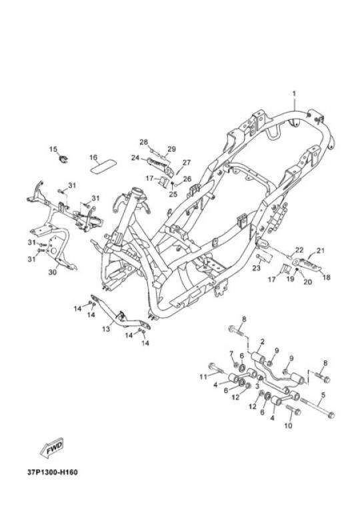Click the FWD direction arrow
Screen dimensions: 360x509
tap(51, 448)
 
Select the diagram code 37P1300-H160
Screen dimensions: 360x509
tap(52, 472)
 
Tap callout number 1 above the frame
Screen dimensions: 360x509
tap(294, 94)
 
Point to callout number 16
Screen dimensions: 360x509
tap(93, 157)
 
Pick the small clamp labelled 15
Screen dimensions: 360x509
tap(64, 159)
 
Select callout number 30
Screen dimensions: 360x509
tap(52, 272)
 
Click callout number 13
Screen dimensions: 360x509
tap(106, 329)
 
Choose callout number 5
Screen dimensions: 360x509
tap(323, 395)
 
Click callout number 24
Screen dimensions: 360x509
tap(135, 158)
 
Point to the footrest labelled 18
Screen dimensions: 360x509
tap(307, 263)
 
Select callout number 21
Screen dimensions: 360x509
tap(321, 251)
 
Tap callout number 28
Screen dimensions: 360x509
tap(143, 142)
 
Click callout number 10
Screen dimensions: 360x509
tap(288, 425)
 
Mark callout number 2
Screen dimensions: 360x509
tap(262, 342)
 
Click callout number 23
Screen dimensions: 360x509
tap(257, 268)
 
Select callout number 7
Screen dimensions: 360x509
tap(231, 353)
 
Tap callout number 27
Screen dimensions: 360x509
tap(187, 163)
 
